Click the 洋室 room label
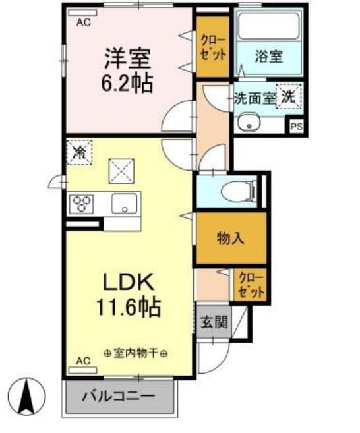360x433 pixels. (127, 58)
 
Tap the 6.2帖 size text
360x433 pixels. (127, 82)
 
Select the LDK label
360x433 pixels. (128, 281)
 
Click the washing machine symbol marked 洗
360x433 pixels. (289, 96)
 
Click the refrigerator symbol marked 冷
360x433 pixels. (79, 153)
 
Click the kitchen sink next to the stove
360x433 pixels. (123, 204)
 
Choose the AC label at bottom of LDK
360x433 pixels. (83, 361)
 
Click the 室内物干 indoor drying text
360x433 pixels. (135, 353)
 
